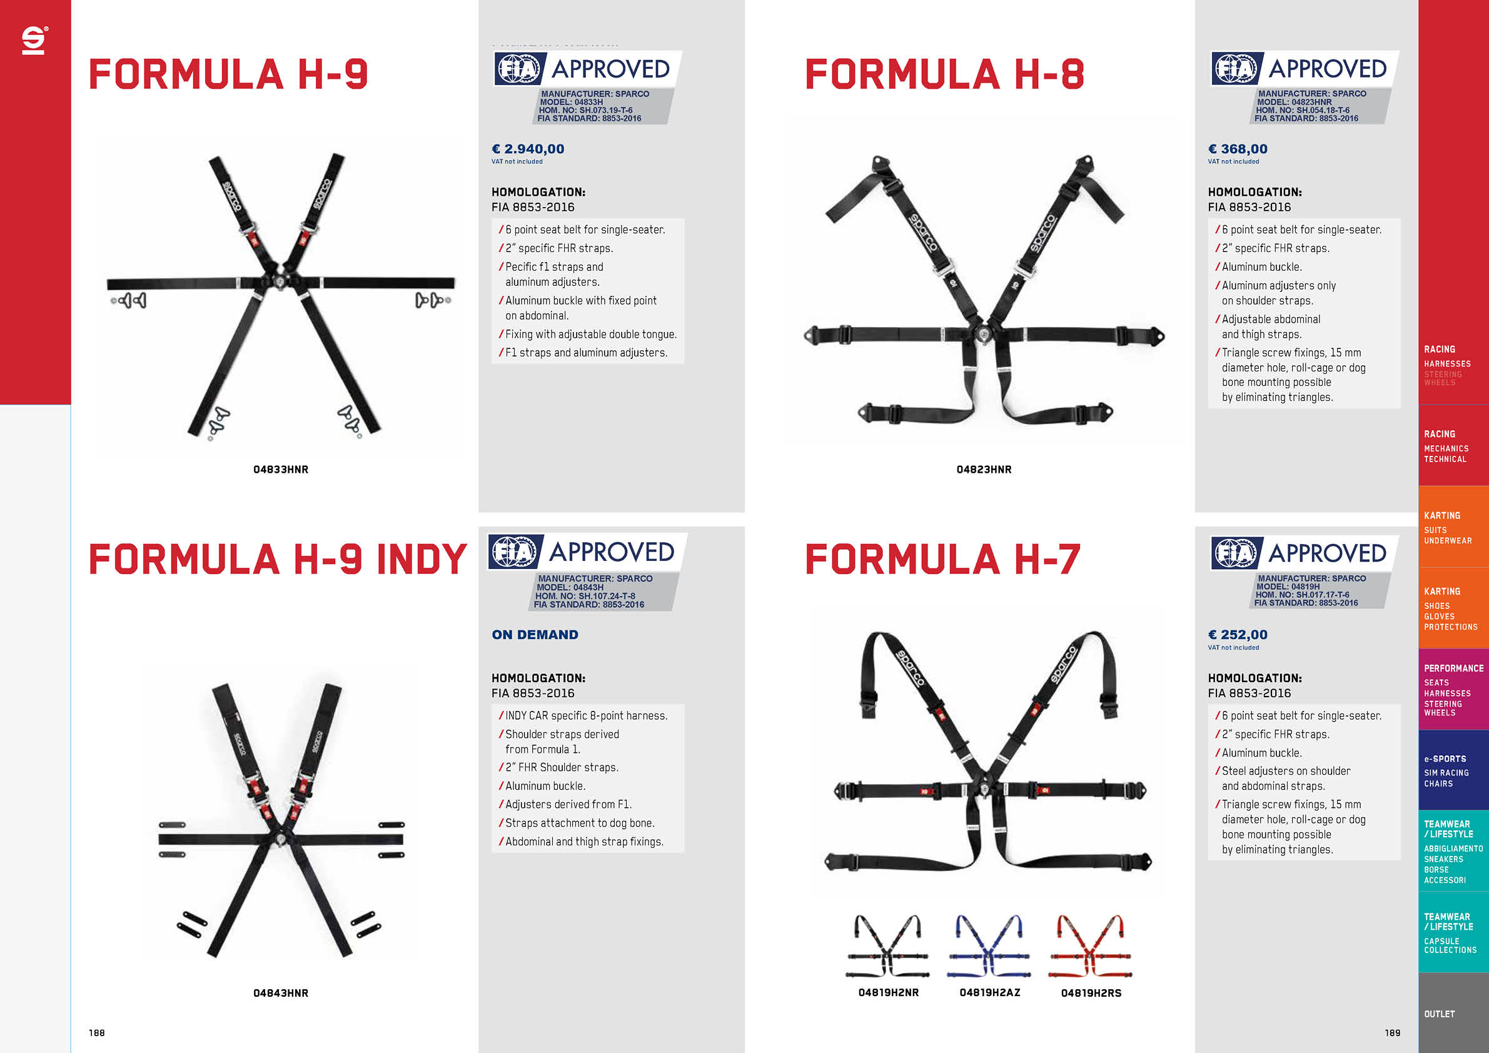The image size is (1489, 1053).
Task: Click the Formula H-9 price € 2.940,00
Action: pos(527,149)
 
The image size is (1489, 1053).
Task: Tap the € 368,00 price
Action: pos(1238,149)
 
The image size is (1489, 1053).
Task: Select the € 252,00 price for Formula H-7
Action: pos(1238,635)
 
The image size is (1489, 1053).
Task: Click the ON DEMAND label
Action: pos(535,635)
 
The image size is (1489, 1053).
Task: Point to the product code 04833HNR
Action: pos(281,470)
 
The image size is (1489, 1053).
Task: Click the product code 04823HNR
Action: pos(984,470)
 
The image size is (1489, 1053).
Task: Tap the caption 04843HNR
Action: pos(281,993)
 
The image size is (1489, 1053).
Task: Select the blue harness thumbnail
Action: pos(989,946)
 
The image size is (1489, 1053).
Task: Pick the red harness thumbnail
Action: pos(1090,946)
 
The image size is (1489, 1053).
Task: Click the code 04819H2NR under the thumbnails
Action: pos(889,993)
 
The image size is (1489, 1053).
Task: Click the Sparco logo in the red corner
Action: pos(34,40)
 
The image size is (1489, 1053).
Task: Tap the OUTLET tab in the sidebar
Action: pos(1439,1014)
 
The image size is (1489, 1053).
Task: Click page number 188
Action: pos(97,1033)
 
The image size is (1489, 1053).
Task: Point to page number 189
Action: pos(1392,1033)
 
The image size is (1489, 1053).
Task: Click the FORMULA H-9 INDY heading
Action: pos(278,559)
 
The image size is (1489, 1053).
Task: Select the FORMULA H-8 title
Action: pos(944,74)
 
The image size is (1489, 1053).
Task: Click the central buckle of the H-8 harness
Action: pos(984,335)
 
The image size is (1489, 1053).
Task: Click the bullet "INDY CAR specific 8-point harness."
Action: pos(586,716)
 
